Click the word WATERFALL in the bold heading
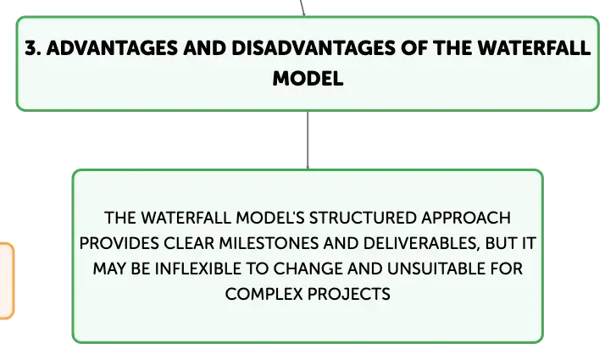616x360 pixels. coord(534,48)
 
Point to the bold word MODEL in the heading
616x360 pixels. coord(308,79)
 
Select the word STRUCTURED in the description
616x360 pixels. coord(363,218)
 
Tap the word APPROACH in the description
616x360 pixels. coord(466,218)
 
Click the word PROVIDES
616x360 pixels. coord(119,243)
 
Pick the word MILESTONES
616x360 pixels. coord(269,243)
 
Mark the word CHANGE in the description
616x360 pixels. coord(308,269)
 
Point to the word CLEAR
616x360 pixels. coord(189,243)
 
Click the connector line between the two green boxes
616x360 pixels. coord(308,140)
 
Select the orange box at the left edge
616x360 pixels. coord(7,280)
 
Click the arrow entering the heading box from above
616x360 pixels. coord(302,8)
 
